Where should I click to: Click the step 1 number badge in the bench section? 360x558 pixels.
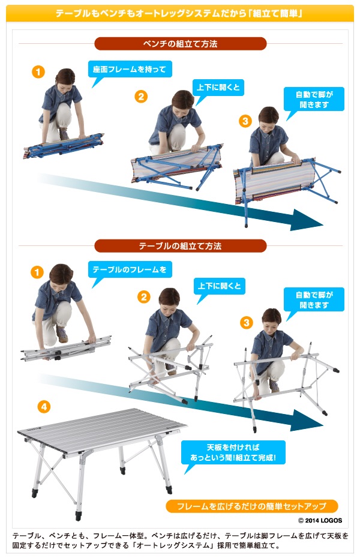click(x=38, y=72)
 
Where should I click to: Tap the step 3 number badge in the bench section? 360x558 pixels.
click(x=245, y=121)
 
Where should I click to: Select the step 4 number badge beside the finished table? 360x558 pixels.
click(x=44, y=407)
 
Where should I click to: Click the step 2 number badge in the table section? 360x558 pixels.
click(x=144, y=297)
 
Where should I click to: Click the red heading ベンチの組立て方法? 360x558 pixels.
click(x=181, y=44)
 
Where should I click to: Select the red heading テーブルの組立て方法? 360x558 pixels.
click(x=181, y=246)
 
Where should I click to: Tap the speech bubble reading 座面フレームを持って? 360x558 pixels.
click(x=130, y=71)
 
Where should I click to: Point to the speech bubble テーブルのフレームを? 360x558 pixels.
click(x=130, y=272)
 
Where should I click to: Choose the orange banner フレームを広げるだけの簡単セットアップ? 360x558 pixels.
click(x=251, y=506)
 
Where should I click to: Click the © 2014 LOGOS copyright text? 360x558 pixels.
click(x=320, y=520)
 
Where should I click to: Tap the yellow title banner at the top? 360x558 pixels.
click(x=180, y=14)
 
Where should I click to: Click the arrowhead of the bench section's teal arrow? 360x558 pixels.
click(x=306, y=221)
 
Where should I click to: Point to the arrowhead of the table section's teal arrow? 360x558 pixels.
click(x=306, y=421)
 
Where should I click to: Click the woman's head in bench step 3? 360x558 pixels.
click(x=268, y=117)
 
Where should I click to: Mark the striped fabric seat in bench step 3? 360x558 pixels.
click(x=274, y=181)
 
